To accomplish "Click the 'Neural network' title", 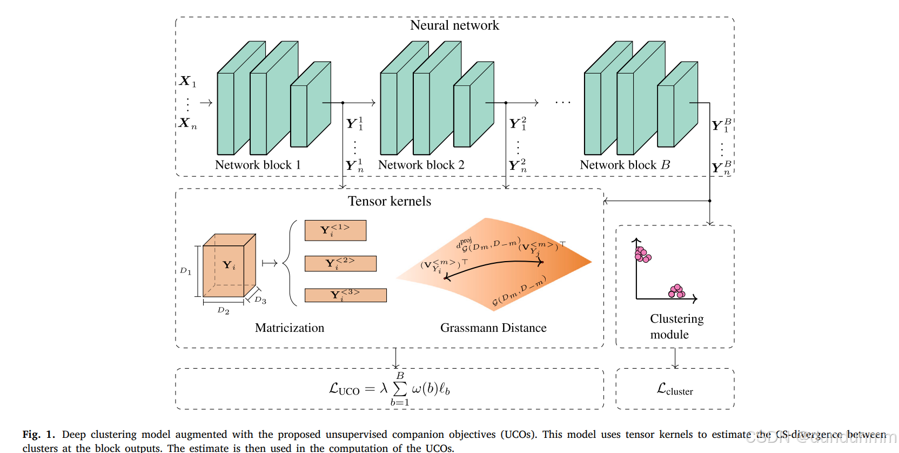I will [x=454, y=25].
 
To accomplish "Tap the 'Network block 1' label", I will [x=257, y=165].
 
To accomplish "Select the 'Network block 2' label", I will [x=421, y=165].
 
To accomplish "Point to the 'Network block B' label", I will [x=625, y=165].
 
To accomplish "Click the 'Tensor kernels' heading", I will [x=389, y=201].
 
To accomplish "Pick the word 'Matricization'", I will [x=290, y=328].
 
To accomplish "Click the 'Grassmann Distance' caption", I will [x=493, y=328].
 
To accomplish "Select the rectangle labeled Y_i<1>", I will [x=335, y=230].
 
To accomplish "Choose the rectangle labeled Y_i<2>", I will [x=340, y=263].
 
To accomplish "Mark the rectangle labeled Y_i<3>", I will [x=345, y=295].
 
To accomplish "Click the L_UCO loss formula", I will [x=389, y=389].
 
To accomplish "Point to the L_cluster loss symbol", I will [x=675, y=389].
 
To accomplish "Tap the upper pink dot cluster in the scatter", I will [x=642, y=255].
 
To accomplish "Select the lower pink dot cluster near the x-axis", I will [x=676, y=291].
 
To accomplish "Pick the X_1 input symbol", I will [x=187, y=82].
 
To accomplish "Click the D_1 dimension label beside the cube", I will [x=185, y=271].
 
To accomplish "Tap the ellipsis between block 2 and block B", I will [x=562, y=102].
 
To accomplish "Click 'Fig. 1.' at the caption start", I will [x=38, y=435].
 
